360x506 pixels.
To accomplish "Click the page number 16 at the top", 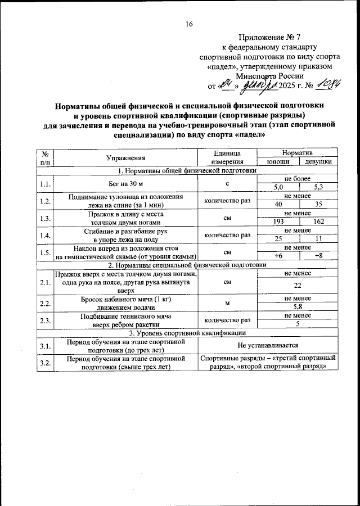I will (189, 24).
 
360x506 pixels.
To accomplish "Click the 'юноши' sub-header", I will (277, 161).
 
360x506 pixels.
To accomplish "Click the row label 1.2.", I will (46, 201).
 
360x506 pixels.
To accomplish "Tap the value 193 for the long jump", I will (278, 222).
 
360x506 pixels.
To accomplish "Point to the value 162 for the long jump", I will (318, 222).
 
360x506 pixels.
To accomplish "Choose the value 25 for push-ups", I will (278, 239).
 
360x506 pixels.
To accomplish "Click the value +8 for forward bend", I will (318, 256).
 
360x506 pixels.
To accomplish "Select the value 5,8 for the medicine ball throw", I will (298, 307).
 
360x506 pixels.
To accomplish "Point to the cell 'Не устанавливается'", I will (268, 345).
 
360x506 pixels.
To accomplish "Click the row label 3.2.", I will (46, 362).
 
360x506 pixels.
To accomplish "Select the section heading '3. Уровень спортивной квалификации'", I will (187, 333).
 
